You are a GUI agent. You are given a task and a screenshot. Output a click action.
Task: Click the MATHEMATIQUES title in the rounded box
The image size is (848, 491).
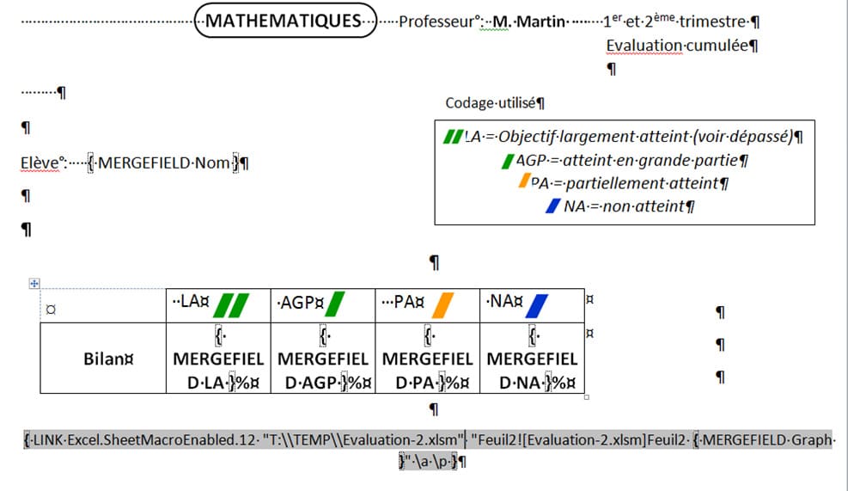(x=285, y=21)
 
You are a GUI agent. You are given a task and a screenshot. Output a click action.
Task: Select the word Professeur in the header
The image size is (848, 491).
(x=436, y=21)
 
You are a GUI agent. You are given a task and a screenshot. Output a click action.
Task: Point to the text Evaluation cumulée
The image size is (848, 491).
(x=678, y=46)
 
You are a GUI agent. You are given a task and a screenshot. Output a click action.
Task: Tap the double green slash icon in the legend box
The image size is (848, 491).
(x=452, y=137)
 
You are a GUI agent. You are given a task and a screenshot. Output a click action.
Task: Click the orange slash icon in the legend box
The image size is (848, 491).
(x=523, y=181)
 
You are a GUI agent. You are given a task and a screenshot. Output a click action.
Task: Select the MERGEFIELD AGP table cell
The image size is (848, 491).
(x=322, y=358)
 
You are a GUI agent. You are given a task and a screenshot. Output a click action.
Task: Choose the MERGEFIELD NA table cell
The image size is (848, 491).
(x=532, y=358)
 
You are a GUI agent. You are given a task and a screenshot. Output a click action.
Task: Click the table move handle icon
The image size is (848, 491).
(x=34, y=283)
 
